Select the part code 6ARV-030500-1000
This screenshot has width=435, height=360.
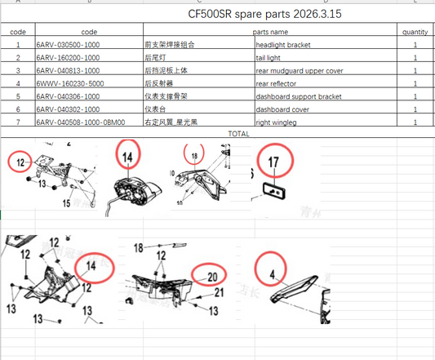pyautogui.click(x=68, y=44)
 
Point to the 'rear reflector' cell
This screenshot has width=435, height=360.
pyautogui.click(x=282, y=83)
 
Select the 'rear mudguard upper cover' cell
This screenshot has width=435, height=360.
pyautogui.click(x=303, y=70)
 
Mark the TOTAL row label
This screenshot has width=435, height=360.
pyautogui.click(x=239, y=132)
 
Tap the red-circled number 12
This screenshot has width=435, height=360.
pyautogui.click(x=22, y=162)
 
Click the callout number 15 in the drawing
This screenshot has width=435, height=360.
pyautogui.click(x=67, y=203)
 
